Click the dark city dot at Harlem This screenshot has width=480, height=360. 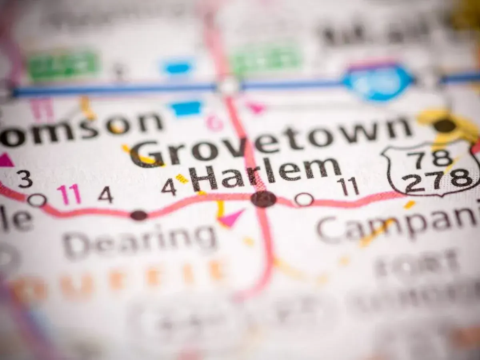point(264,199)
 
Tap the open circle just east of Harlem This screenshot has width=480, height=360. point(304,199)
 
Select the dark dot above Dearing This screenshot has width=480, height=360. point(139,215)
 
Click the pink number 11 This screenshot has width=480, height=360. point(69,194)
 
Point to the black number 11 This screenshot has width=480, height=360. point(348,186)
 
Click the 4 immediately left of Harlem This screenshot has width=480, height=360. point(169,187)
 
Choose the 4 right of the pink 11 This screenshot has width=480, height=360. point(105,195)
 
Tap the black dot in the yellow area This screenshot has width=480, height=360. point(445,126)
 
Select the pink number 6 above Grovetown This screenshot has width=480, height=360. point(214,122)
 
